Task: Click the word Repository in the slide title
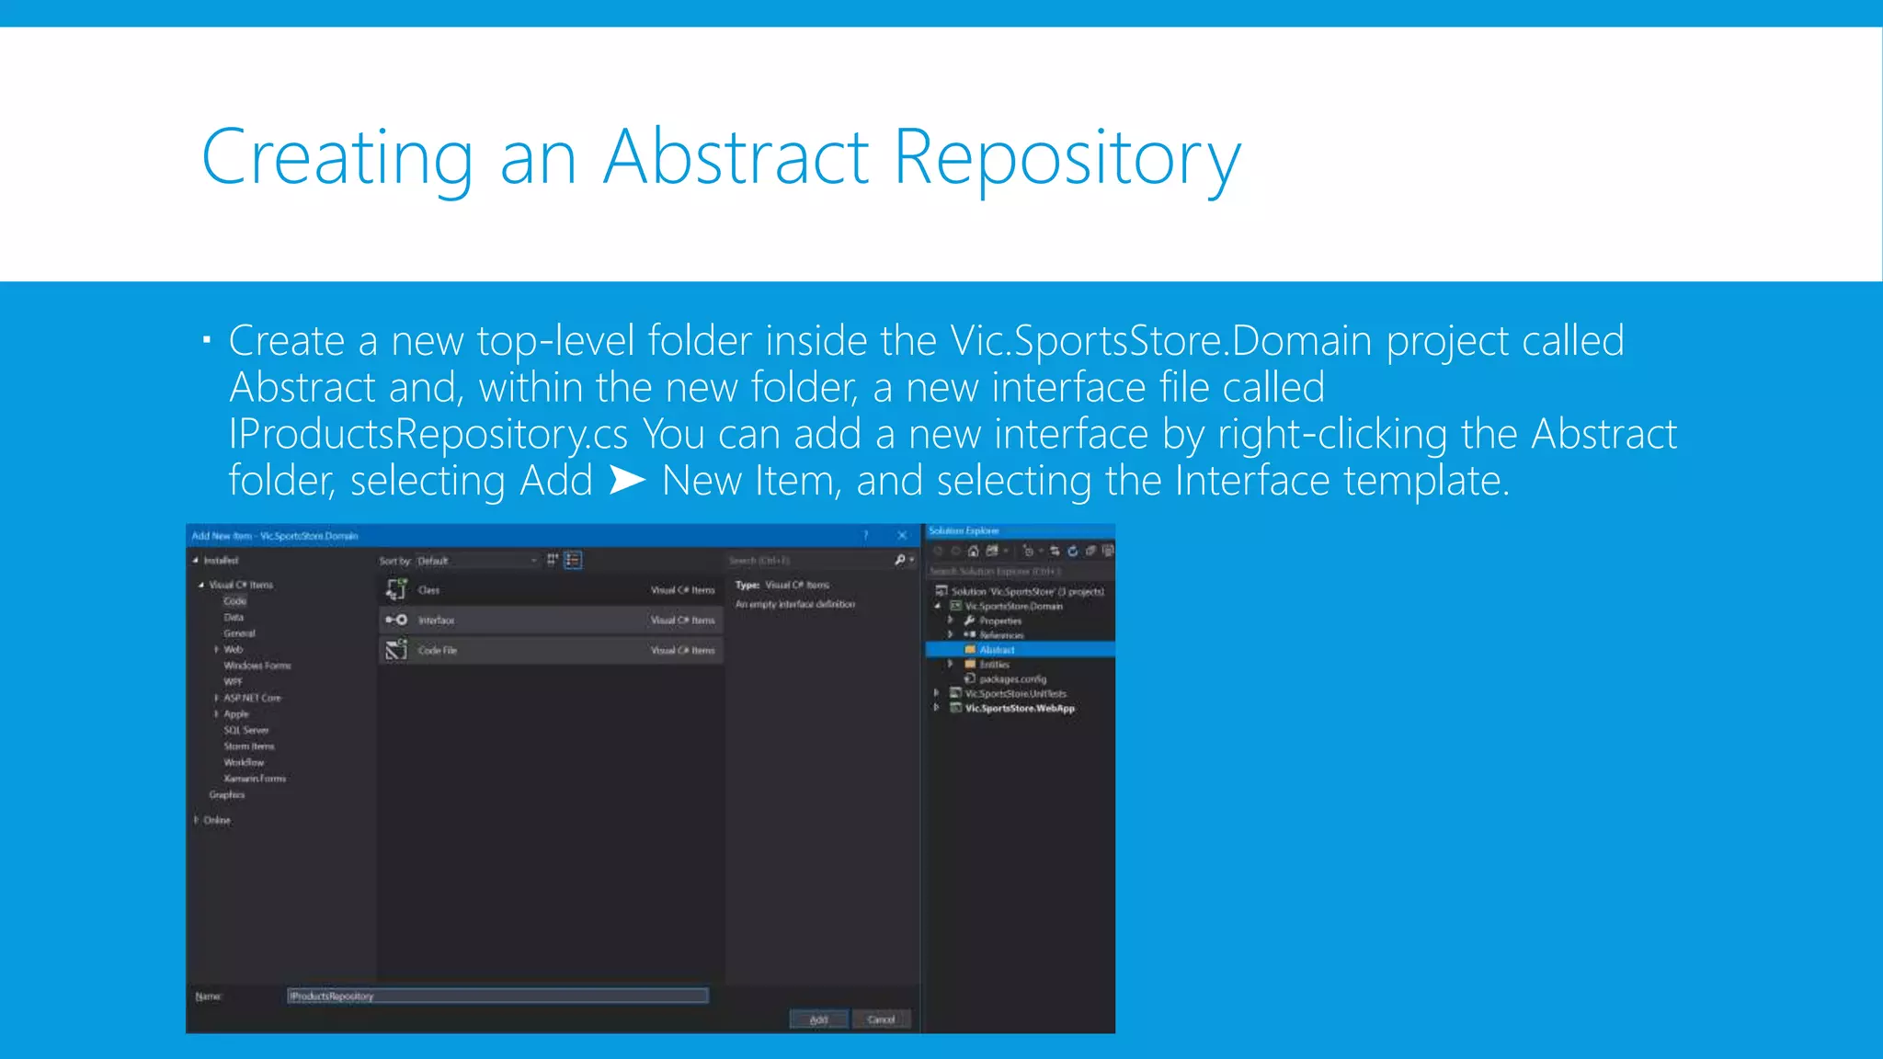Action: [1067, 159]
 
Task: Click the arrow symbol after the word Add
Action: [627, 480]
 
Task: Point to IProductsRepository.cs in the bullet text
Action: [428, 434]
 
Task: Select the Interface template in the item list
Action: [550, 621]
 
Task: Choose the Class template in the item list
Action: [550, 590]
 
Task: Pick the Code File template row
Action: [550, 651]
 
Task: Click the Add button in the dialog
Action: [818, 1019]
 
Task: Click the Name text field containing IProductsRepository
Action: [496, 996]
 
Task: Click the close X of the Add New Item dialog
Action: [902, 535]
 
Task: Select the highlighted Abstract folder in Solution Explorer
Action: [997, 650]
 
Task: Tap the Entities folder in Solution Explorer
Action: [994, 665]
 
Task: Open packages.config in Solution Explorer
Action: [1012, 679]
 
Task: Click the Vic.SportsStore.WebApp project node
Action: [1019, 709]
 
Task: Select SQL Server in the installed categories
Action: [245, 730]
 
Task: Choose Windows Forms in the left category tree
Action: [257, 666]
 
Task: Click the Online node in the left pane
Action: [217, 820]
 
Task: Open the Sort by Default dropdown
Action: [477, 561]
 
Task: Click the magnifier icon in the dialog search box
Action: [900, 560]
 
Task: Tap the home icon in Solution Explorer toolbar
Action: [973, 552]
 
